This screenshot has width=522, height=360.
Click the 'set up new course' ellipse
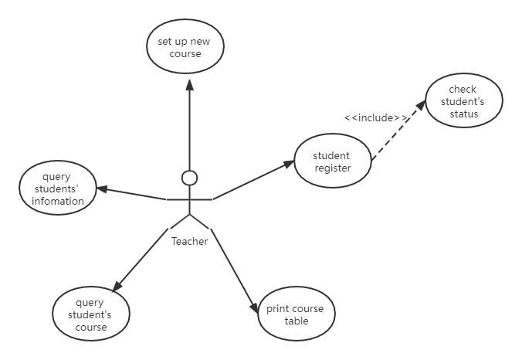pyautogui.click(x=185, y=47)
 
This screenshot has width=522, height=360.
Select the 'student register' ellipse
pyautogui.click(x=331, y=162)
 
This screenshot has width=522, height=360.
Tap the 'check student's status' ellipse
pyautogui.click(x=463, y=101)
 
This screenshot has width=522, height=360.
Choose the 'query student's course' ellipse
pyautogui.click(x=91, y=314)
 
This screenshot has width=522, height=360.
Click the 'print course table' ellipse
pyautogui.click(x=296, y=314)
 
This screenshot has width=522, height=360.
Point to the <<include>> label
pyautogui.click(x=376, y=117)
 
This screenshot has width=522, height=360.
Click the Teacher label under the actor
pyautogui.click(x=189, y=241)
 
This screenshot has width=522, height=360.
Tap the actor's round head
pyautogui.click(x=189, y=178)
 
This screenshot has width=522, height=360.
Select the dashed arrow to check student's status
pyautogui.click(x=400, y=129)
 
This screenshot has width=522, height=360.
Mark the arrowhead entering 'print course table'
pyautogui.click(x=255, y=307)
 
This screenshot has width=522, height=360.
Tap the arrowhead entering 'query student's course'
pyautogui.click(x=117, y=287)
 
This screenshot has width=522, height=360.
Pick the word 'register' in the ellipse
pyautogui.click(x=332, y=168)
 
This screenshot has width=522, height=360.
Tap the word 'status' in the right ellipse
pyautogui.click(x=464, y=114)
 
